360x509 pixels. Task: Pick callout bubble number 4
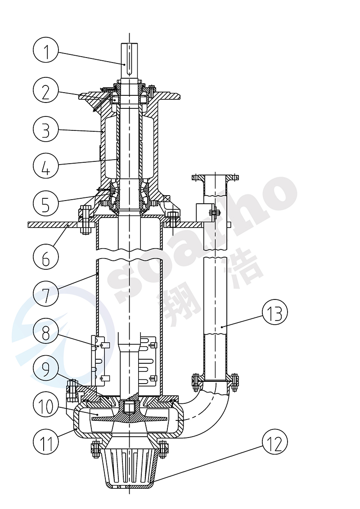click(46, 165)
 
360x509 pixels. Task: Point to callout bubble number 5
click(46, 203)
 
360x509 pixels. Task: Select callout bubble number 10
click(46, 405)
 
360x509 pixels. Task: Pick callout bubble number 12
click(274, 443)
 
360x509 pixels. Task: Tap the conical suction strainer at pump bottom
click(129, 468)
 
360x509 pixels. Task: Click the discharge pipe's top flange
click(214, 177)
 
